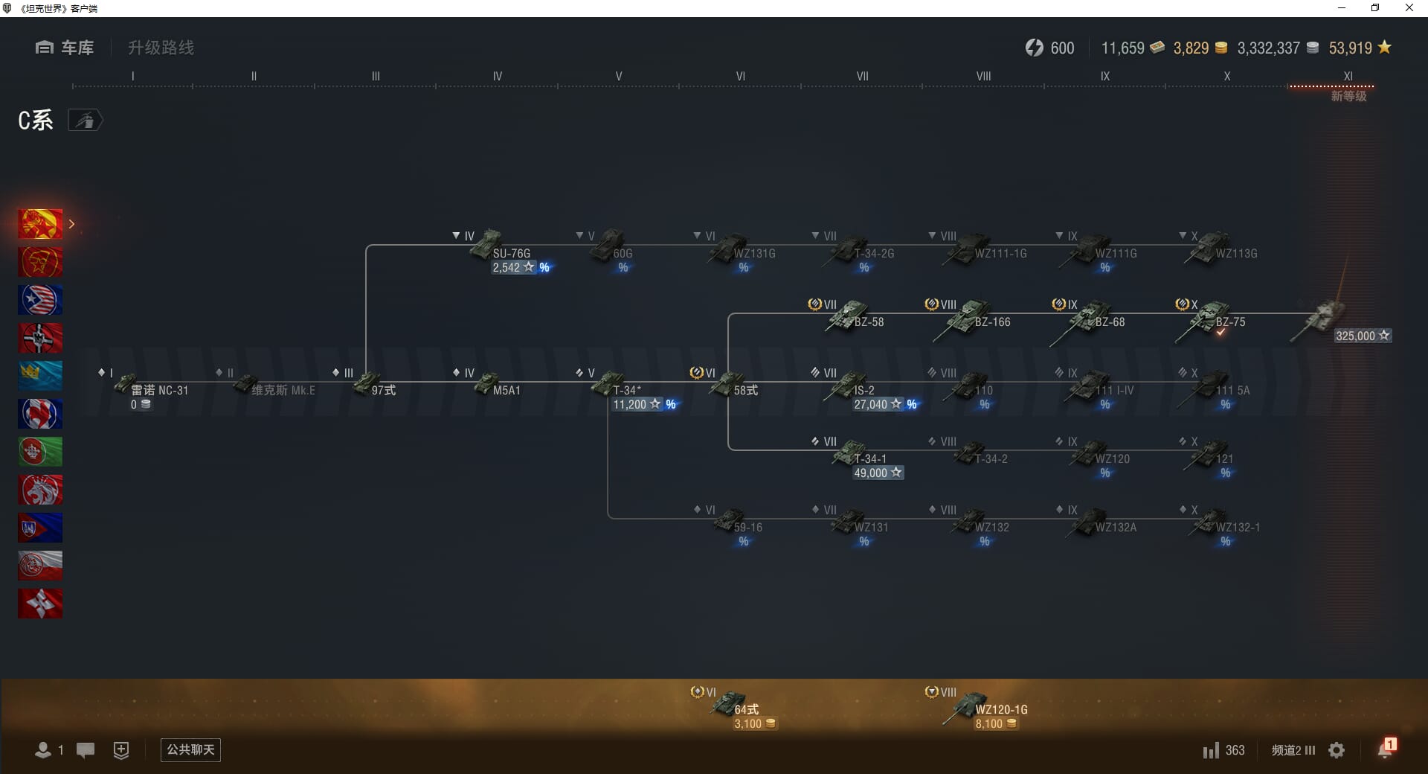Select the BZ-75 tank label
1230,322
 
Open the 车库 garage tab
65,48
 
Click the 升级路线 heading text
161,48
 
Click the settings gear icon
1337,750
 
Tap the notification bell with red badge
1386,749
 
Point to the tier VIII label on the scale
983,76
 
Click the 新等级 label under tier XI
1348,97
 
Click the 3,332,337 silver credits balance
1268,48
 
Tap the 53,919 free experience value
1350,48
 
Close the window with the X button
1409,8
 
